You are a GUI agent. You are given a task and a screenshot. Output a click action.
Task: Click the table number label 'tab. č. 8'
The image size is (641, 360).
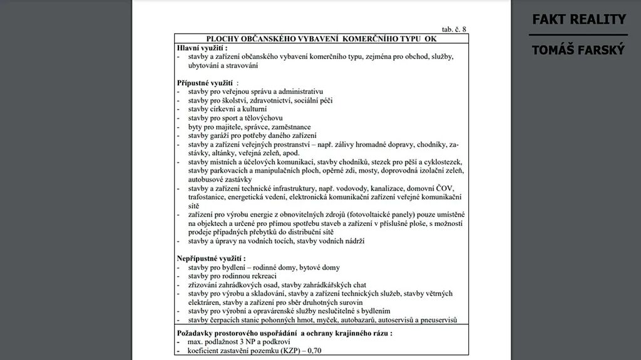tap(453, 29)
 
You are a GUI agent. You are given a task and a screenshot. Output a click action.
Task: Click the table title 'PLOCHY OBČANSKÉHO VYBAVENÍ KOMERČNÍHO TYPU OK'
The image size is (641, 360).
tap(321, 39)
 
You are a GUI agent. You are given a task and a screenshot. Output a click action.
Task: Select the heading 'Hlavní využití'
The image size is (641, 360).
tap(202, 48)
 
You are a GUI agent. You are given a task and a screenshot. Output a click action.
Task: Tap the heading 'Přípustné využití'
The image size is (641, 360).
tap(207, 83)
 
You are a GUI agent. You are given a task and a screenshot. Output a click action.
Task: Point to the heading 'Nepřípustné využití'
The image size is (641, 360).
tap(211, 259)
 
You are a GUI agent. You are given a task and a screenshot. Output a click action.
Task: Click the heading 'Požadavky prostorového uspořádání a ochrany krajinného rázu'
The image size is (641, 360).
tap(284, 333)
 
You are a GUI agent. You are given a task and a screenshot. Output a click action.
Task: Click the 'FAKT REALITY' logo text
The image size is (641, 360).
tap(578, 19)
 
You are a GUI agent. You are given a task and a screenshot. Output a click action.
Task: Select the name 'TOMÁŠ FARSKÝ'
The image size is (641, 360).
tap(578, 50)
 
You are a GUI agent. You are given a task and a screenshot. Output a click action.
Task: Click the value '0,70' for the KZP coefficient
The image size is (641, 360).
tap(314, 351)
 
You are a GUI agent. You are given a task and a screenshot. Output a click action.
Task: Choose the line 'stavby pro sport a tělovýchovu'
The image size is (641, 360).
tap(235, 118)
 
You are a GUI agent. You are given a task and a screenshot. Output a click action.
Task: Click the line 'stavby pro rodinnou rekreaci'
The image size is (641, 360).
tap(232, 276)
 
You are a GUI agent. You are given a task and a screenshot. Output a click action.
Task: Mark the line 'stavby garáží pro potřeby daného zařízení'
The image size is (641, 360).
tap(252, 135)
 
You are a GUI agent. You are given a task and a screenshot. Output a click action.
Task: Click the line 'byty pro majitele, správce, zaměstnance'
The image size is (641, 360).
tap(249, 126)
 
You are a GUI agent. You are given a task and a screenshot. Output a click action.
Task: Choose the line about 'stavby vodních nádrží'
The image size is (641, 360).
tap(276, 241)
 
